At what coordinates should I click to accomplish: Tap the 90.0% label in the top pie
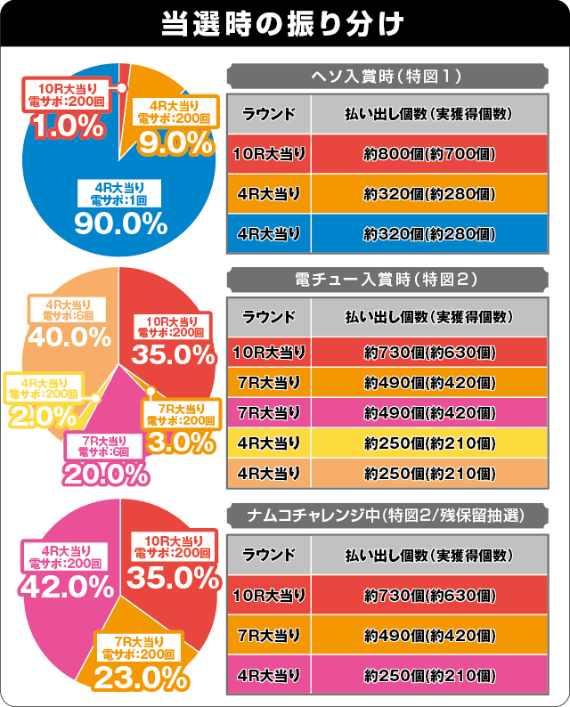(121, 223)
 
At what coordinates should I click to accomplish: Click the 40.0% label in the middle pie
(69, 337)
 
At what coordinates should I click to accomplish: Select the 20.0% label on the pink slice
(106, 474)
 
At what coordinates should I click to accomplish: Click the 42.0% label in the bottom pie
(69, 587)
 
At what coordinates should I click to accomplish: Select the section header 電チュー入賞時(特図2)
(388, 279)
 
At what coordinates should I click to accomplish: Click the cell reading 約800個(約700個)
(429, 155)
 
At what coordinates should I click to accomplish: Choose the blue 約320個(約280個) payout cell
(429, 234)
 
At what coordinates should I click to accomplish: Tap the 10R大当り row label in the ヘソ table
(268, 155)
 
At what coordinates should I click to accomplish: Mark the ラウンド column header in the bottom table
(268, 555)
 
